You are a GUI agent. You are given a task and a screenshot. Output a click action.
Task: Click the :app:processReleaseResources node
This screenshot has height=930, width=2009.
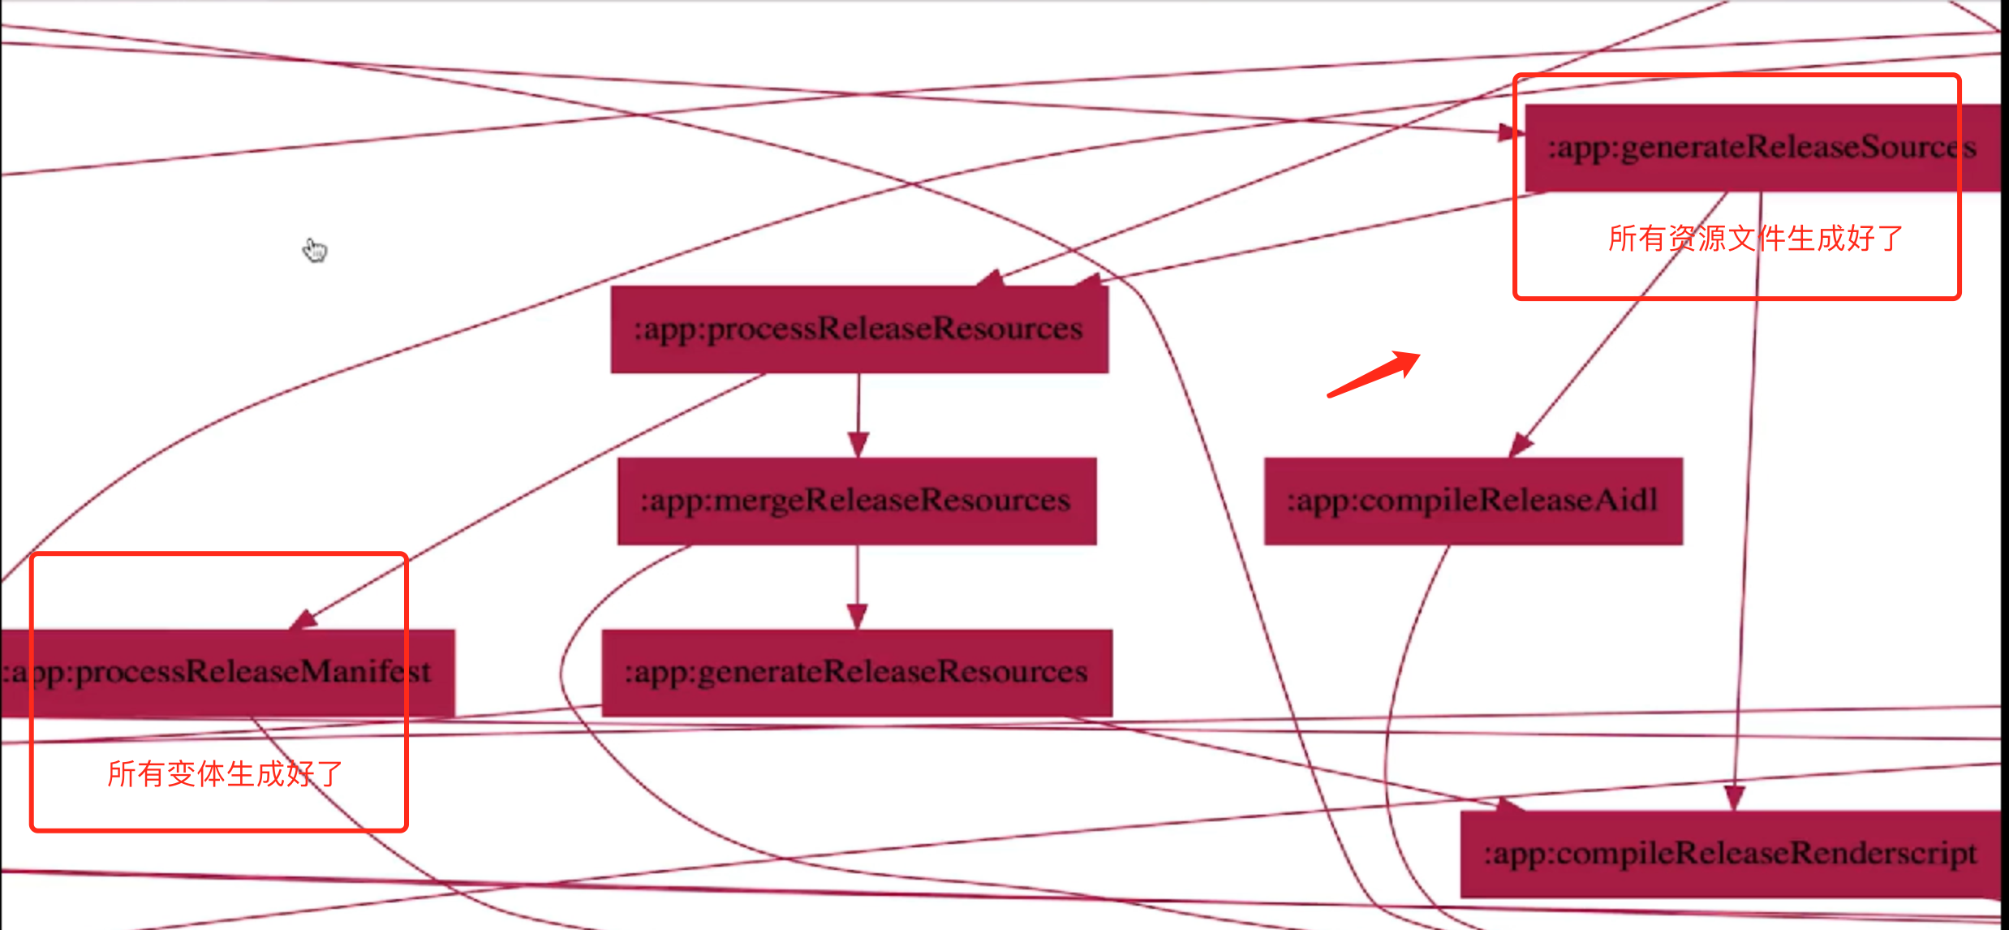tap(859, 329)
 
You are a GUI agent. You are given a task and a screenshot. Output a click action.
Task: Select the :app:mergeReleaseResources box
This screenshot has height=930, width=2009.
tap(857, 501)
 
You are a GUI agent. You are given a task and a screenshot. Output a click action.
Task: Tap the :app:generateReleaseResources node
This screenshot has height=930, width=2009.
tap(857, 673)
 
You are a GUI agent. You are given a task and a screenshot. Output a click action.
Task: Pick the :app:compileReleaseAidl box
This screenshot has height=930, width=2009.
tap(1473, 501)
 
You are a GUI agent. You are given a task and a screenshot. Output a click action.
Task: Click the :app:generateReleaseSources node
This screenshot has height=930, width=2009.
tap(1761, 148)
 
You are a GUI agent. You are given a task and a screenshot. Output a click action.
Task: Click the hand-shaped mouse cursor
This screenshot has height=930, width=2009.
tap(315, 250)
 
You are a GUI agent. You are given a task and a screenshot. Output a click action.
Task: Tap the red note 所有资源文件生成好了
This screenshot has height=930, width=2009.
tap(1755, 239)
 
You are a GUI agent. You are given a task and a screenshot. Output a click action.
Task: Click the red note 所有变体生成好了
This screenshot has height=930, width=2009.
tap(226, 774)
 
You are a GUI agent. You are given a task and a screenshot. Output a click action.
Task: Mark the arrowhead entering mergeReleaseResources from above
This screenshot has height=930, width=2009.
tap(858, 445)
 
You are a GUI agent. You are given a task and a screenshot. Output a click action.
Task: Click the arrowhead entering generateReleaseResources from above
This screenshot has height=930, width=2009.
tap(858, 616)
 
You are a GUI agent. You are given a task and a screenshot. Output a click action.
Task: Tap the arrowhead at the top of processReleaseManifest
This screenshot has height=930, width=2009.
tap(303, 620)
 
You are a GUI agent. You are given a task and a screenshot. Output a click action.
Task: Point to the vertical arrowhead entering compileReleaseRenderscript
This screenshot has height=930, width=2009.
tap(1734, 797)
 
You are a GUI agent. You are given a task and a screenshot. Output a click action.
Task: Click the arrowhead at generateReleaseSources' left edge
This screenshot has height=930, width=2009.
tap(1510, 132)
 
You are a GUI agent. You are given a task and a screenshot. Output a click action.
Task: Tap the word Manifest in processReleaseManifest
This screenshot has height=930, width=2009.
tap(366, 673)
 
